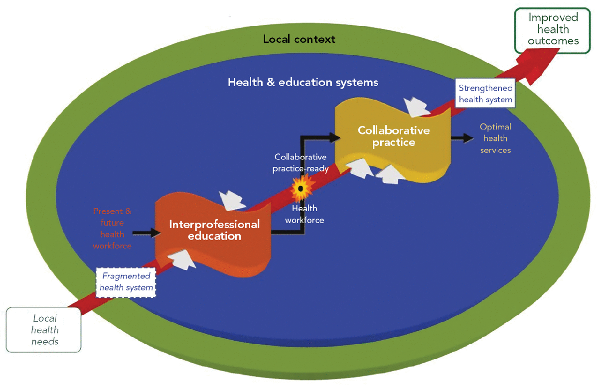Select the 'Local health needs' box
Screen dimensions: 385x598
point(45,330)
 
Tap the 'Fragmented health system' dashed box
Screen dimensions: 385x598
point(126,281)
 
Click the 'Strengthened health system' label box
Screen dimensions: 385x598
point(485,94)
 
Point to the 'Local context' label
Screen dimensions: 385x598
point(299,39)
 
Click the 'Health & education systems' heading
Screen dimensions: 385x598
point(302,82)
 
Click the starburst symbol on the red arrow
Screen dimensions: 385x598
point(300,189)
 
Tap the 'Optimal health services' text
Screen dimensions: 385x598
point(495,138)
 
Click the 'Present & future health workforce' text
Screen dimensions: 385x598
point(112,229)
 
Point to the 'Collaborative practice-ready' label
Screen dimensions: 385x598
point(300,163)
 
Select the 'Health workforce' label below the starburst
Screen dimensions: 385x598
point(304,214)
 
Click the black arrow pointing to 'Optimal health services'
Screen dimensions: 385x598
point(463,138)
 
